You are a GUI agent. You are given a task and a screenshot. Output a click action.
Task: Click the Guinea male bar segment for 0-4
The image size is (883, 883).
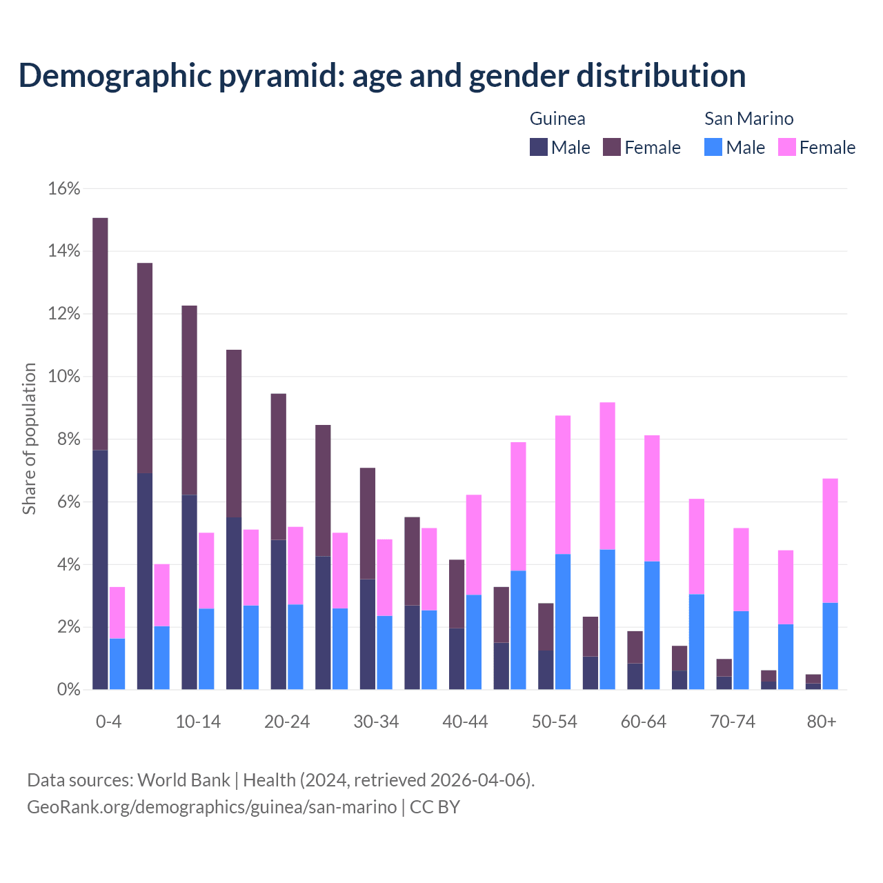[x=101, y=569]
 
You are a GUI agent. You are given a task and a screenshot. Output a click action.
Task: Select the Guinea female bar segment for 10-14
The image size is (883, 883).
[x=189, y=400]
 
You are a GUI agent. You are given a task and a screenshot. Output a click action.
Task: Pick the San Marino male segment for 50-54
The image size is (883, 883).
[x=563, y=622]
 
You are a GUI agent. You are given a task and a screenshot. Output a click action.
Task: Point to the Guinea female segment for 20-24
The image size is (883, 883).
[x=278, y=466]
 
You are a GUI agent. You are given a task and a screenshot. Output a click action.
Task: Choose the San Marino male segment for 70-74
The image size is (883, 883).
[x=741, y=650]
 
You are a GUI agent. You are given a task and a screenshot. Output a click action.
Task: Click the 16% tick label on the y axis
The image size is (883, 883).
[x=64, y=189]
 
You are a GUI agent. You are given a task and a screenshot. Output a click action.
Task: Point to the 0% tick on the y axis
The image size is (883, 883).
[x=68, y=690]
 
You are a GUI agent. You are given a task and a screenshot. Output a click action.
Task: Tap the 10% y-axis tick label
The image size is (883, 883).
[x=64, y=377]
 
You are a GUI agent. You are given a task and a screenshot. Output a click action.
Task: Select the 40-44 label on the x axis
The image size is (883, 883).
[x=465, y=722]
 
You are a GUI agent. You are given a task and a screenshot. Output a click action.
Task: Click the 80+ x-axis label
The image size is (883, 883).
[x=822, y=722]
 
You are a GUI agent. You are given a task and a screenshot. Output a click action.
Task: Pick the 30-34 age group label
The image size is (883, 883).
[x=376, y=722]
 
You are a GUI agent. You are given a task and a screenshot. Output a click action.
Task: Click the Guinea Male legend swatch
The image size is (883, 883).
[x=539, y=147]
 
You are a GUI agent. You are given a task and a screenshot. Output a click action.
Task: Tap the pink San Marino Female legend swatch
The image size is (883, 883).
[x=787, y=147]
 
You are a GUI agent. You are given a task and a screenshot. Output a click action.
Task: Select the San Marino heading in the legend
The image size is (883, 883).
[x=748, y=119]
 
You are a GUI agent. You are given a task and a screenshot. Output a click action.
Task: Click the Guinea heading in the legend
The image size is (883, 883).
[x=557, y=119]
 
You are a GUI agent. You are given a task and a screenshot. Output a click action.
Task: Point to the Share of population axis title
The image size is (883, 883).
[x=29, y=439]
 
